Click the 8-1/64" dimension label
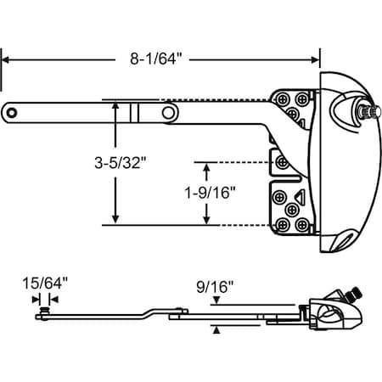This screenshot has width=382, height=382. pos(155,59)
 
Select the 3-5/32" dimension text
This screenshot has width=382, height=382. pos(121,163)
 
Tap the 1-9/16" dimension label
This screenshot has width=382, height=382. pos(210,193)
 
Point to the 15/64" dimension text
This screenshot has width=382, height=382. pos(45,284)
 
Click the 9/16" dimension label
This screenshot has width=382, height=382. pos(215,287)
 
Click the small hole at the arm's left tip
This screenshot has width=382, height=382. pos(12,113)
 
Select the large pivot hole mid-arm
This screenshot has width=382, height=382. pos(168,113)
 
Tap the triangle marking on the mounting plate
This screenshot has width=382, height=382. pos(301,196)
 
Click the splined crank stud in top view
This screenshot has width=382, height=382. pos(369,110)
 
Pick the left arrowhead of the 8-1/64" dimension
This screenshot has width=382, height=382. pos(6,60)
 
